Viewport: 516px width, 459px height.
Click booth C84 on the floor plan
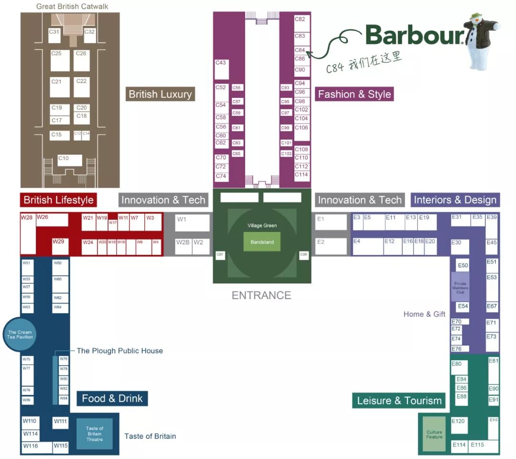pyautogui.click(x=301, y=51)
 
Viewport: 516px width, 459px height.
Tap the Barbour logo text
pyautogui.click(x=414, y=34)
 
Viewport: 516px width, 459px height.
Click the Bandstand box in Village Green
pyautogui.click(x=262, y=242)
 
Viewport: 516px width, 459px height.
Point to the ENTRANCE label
pyautogui.click(x=261, y=295)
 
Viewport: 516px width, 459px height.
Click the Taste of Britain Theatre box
pyautogui.click(x=95, y=433)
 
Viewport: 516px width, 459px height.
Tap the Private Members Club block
pyautogui.click(x=460, y=287)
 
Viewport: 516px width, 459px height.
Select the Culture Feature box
pyautogui.click(x=434, y=435)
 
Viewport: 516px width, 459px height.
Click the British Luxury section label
pyautogui.click(x=160, y=94)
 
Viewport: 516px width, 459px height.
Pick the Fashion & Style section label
pyautogui.click(x=355, y=94)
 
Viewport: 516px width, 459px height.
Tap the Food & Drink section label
pyautogui.click(x=112, y=398)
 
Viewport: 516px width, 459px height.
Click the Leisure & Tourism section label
pyautogui.click(x=399, y=400)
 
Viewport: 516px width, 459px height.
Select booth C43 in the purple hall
pyautogui.click(x=222, y=70)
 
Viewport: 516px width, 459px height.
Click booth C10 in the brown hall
pyautogui.click(x=70, y=160)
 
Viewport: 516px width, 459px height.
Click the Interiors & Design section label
pyautogui.click(x=455, y=200)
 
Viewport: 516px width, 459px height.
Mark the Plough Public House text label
pyautogui.click(x=119, y=351)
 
